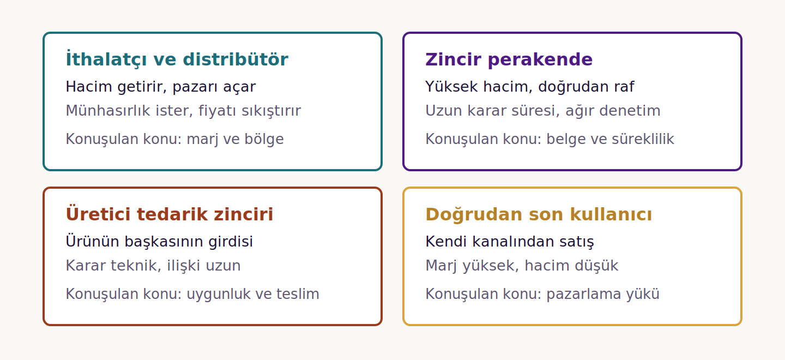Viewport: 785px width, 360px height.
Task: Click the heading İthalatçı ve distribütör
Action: tap(177, 59)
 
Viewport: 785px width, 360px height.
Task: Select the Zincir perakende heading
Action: tap(509, 59)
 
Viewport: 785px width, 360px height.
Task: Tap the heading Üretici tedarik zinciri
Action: tap(169, 214)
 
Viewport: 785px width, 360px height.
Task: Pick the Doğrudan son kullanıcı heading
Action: tap(539, 214)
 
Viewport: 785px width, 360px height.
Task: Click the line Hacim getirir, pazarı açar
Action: tap(161, 87)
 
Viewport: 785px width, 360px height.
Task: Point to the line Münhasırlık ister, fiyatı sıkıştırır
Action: tap(183, 111)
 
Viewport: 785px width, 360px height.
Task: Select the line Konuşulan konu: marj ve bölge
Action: tap(175, 139)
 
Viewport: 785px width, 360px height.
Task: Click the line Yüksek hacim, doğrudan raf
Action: tap(530, 87)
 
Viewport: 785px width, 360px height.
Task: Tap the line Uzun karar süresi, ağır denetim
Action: tap(543, 111)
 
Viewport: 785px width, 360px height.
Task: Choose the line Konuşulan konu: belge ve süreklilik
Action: tap(550, 139)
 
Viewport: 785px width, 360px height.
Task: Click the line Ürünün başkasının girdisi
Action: tap(159, 242)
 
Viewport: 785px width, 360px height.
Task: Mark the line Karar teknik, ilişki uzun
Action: tap(153, 265)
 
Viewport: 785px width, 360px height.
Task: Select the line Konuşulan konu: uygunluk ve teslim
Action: tap(192, 294)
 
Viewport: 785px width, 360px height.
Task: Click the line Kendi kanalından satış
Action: tap(510, 242)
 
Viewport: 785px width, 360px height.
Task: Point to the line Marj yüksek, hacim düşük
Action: tap(522, 266)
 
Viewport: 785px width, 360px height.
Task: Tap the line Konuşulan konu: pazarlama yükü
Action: tap(542, 294)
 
